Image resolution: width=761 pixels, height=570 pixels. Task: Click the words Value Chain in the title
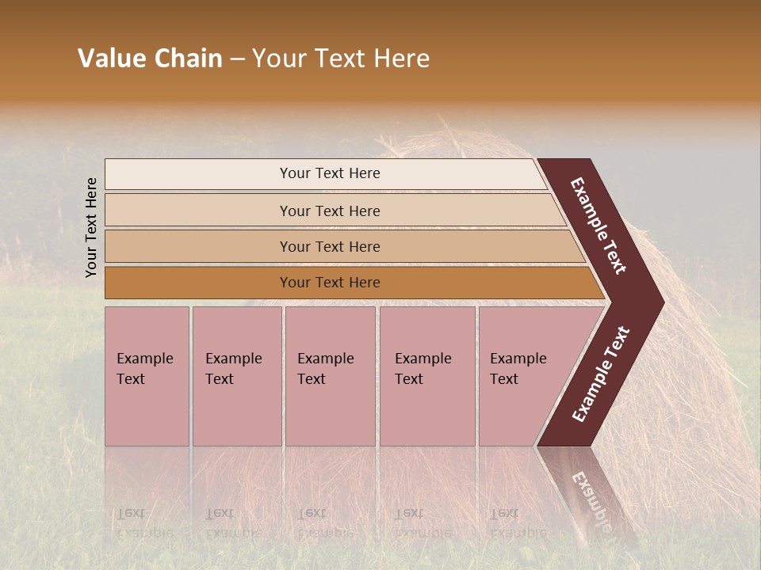pos(150,59)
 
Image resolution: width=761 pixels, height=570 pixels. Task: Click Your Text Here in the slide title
pos(341,59)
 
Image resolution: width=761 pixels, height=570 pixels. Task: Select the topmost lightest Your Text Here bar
pos(329,173)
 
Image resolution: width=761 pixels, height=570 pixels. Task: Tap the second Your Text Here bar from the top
pos(329,211)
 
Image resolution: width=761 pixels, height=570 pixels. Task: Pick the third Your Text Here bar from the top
pos(329,246)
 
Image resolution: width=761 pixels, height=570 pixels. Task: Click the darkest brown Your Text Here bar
pos(329,283)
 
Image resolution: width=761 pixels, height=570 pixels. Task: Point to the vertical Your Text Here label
pos(91,227)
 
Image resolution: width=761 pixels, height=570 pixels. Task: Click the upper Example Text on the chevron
pos(598,226)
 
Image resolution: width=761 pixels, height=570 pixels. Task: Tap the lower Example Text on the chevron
pos(601,374)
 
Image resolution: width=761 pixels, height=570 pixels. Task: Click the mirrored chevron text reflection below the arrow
pos(591,495)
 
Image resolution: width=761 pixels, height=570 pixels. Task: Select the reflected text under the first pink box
pos(144,522)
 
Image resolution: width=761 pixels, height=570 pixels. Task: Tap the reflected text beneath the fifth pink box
pos(518,522)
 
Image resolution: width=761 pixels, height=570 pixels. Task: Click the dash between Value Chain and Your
pos(237,59)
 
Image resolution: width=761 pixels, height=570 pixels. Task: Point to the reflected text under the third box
pos(325,522)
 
